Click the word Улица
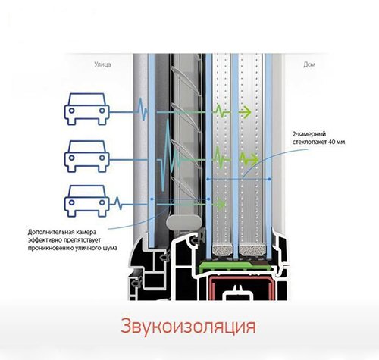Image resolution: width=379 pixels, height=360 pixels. click(x=102, y=64)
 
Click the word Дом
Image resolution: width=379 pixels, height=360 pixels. click(x=309, y=65)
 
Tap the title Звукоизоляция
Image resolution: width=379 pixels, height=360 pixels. click(x=188, y=327)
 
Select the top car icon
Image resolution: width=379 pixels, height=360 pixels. click(x=87, y=109)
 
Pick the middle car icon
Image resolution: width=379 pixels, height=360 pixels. click(x=87, y=156)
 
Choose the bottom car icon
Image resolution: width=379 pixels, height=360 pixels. click(x=87, y=201)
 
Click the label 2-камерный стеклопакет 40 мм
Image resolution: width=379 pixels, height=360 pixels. click(x=318, y=138)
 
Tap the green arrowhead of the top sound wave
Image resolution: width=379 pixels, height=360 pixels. click(x=246, y=112)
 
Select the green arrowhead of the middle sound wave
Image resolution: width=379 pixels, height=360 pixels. click(x=254, y=160)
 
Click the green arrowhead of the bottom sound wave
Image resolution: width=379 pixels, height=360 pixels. click(x=221, y=204)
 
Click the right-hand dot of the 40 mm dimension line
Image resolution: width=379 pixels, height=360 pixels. click(x=270, y=179)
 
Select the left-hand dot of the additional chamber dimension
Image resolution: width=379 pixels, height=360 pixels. click(x=152, y=199)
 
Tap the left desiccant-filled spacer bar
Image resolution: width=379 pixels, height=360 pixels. click(x=223, y=250)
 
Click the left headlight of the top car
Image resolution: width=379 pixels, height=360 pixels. click(x=72, y=111)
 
